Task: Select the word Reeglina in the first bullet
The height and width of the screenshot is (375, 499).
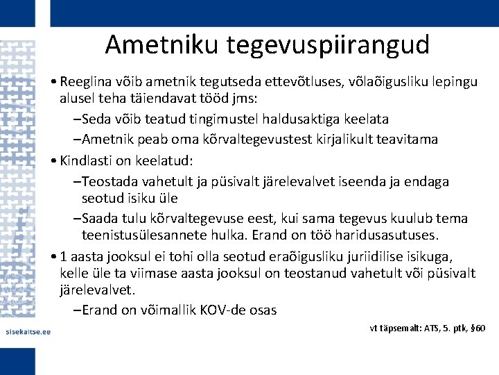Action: pos(87,83)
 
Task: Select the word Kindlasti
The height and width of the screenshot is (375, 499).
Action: pos(88,160)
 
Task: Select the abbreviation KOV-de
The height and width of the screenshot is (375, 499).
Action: pos(228,310)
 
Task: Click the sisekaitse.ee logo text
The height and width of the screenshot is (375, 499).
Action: pos(28,331)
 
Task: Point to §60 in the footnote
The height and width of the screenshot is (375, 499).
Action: pos(477,327)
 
